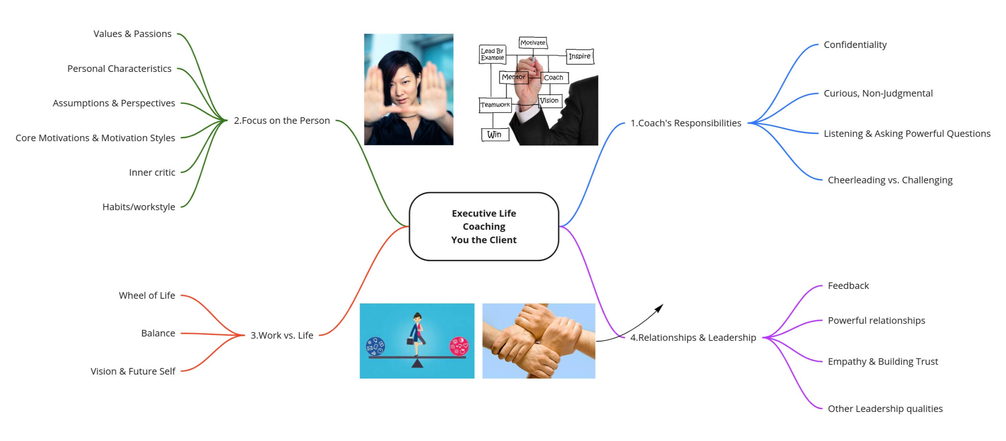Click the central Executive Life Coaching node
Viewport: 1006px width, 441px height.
484,226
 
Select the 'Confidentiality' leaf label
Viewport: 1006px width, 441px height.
855,45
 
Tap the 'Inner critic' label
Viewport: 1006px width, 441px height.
152,173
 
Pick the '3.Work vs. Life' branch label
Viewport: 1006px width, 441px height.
282,335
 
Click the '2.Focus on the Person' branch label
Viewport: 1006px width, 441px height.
282,121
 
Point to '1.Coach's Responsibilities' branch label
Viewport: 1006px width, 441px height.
686,123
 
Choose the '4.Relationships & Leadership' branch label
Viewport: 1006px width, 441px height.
693,338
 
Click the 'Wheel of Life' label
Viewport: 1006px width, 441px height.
147,296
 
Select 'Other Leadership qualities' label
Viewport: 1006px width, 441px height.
885,409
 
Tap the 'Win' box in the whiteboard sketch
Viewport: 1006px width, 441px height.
495,134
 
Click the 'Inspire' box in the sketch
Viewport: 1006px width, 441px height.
580,56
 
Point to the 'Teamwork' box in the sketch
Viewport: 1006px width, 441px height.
495,105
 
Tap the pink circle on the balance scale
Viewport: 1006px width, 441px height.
459,346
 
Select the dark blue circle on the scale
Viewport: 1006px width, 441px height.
375,346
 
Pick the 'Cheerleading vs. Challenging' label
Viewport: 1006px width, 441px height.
890,180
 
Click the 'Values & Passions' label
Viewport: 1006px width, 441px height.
132,34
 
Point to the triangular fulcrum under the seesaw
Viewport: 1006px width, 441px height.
417,364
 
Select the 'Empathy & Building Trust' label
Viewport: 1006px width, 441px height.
883,362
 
